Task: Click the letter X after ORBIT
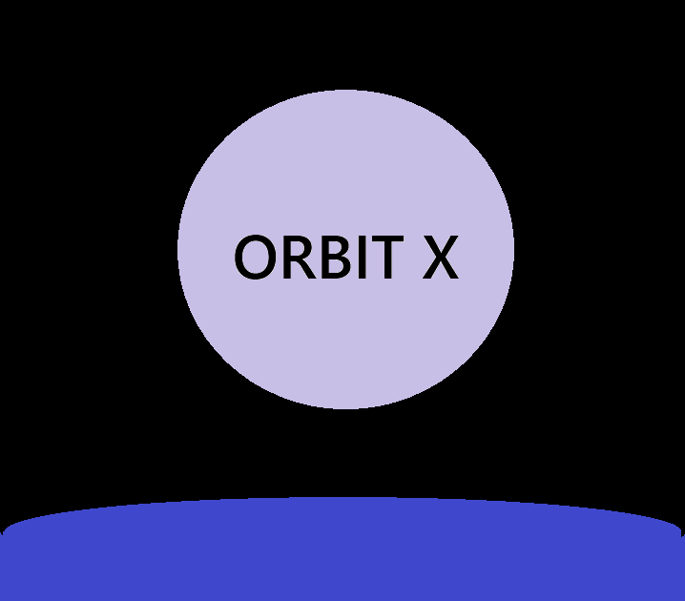pos(440,259)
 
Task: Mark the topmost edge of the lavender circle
pos(345,91)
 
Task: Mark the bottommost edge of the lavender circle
pos(345,407)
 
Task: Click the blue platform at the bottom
pos(342,553)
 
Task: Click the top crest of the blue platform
pos(342,499)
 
